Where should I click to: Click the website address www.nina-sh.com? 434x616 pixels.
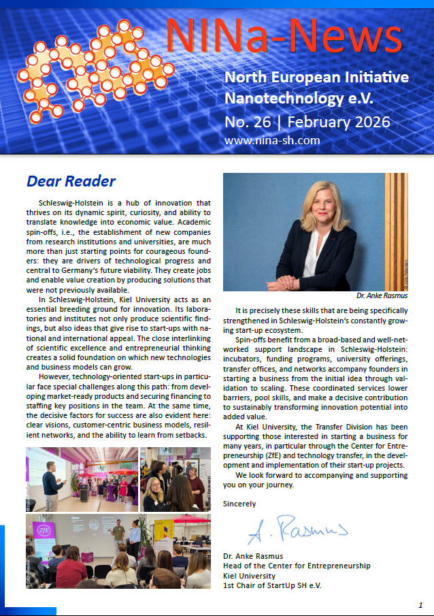pyautogui.click(x=262, y=142)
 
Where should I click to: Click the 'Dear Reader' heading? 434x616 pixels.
pyautogui.click(x=71, y=181)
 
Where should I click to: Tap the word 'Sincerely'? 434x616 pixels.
pyautogui.click(x=239, y=504)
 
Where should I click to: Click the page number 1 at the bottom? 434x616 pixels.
pyautogui.click(x=420, y=604)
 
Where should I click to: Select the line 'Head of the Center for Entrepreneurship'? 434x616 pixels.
pyautogui.click(x=297, y=566)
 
